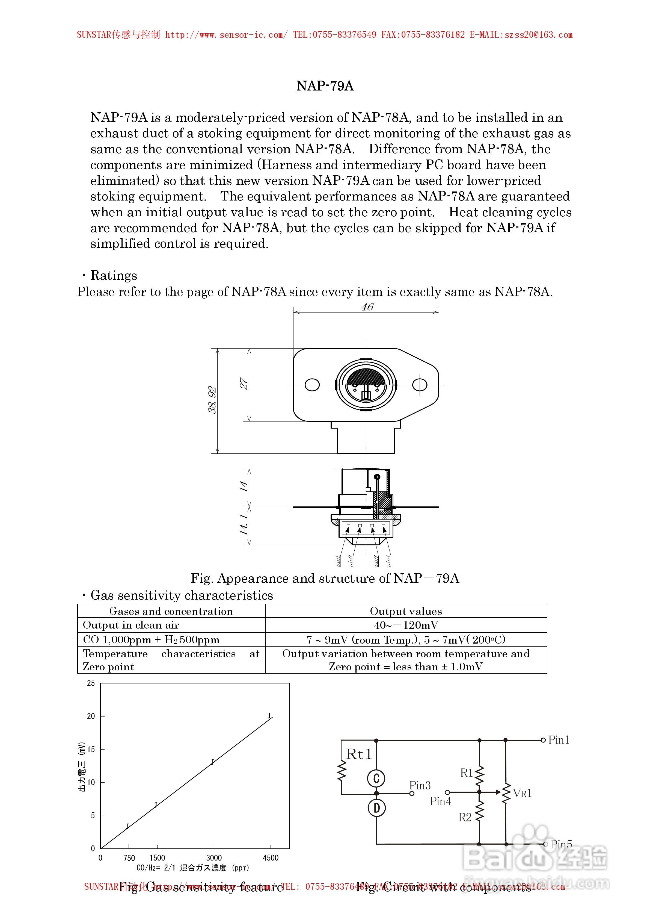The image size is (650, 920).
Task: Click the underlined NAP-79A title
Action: (325, 86)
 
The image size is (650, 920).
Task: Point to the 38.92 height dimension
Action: (212, 400)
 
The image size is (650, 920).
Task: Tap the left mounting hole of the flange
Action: (312, 385)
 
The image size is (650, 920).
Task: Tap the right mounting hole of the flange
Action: (419, 385)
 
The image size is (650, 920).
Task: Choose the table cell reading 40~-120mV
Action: (406, 625)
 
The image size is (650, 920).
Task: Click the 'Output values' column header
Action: (406, 611)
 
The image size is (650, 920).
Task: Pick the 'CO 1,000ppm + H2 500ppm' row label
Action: (151, 639)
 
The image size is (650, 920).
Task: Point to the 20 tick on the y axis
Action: (91, 716)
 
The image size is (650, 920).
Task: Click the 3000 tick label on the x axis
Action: (214, 858)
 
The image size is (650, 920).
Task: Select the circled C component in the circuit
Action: (376, 778)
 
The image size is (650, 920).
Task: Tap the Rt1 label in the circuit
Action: (359, 754)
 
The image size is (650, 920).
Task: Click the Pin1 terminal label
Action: (559, 740)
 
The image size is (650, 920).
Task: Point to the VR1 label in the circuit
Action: (522, 793)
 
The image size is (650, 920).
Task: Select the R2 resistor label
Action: (465, 817)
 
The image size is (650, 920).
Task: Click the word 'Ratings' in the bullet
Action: (114, 275)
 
